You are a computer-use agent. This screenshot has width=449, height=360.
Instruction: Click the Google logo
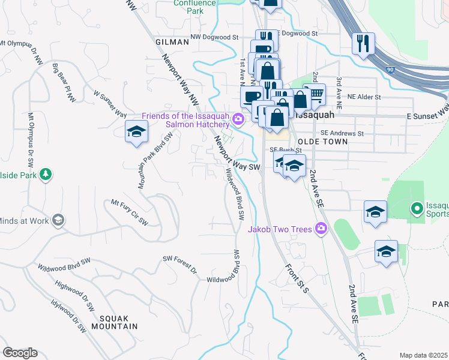pos(20,353)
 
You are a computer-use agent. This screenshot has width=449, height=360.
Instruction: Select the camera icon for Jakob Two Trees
pos(321,229)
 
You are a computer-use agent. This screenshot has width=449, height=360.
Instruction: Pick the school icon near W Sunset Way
pos(136,131)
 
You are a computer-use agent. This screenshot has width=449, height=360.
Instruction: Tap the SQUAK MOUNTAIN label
pos(115,326)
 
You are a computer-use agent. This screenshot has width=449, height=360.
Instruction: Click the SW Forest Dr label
pos(179,264)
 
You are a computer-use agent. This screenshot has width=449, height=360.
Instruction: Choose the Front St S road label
pos(297,278)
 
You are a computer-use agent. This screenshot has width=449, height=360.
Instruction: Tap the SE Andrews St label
pos(342,133)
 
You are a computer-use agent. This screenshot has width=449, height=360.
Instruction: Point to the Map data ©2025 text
pos(423,355)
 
